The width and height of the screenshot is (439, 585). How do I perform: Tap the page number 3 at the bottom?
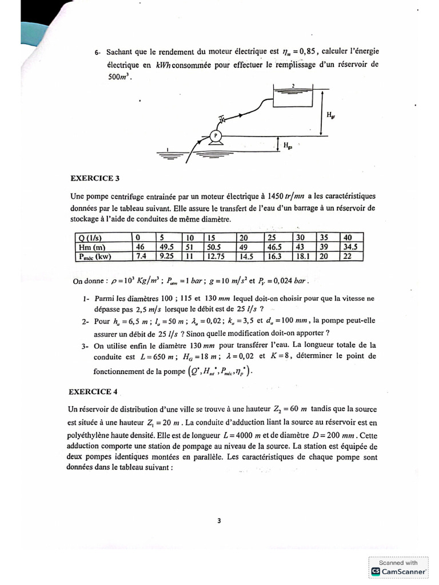pos(219,520)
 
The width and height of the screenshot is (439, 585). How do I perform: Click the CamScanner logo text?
pos(404,571)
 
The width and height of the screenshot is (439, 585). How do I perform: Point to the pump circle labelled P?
pos(216,136)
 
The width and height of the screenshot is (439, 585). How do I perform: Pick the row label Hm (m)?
pos(91,247)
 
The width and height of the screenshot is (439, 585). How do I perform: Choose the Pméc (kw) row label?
pos(95,257)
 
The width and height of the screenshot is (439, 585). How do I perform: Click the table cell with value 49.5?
pos(167,247)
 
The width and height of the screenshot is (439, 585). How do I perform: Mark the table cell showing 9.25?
pos(167,257)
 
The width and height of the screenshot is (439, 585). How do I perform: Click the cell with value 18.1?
pos(303,257)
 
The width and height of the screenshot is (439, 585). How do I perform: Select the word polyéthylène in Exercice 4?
pos(92,432)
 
